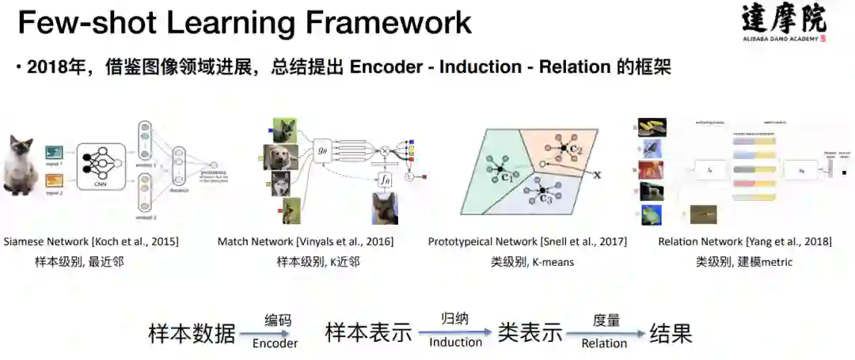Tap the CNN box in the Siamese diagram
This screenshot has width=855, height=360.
click(x=101, y=166)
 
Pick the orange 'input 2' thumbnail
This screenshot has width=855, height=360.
click(x=54, y=181)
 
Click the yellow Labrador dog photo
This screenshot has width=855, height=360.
click(x=280, y=157)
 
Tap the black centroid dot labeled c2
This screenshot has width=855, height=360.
click(x=564, y=148)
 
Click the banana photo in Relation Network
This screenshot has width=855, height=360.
click(x=654, y=127)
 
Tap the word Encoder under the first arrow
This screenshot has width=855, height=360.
click(x=275, y=343)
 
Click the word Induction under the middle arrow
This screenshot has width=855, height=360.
click(x=455, y=342)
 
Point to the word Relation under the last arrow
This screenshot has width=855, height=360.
click(x=604, y=343)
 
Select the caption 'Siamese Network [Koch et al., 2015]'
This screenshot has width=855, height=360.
click(x=91, y=241)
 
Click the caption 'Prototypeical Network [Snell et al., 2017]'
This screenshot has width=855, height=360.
click(x=527, y=241)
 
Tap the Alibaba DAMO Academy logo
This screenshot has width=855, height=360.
click(x=783, y=21)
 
